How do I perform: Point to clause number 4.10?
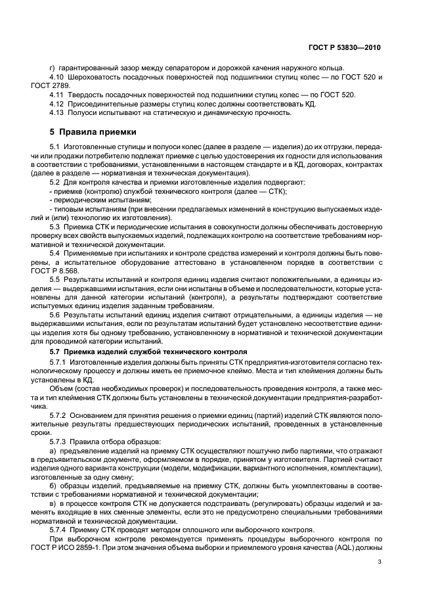click(x=56, y=77)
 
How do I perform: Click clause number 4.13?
click(x=56, y=112)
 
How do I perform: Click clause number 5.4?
click(x=54, y=252)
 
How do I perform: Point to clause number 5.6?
click(x=54, y=315)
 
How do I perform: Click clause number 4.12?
click(x=56, y=104)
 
